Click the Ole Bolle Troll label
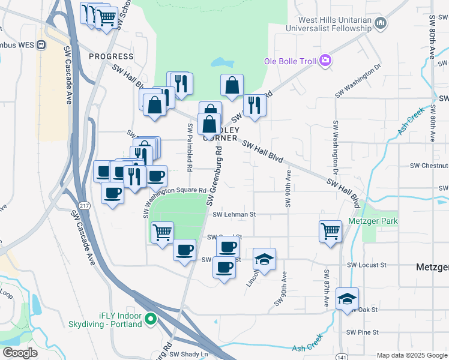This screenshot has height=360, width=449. (291, 61)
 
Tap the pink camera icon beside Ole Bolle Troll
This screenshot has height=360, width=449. (325, 60)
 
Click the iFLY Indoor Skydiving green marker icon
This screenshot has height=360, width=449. (151, 319)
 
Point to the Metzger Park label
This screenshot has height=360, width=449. (373, 221)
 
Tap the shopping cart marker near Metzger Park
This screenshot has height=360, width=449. (331, 231)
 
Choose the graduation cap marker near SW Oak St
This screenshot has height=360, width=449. (346, 299)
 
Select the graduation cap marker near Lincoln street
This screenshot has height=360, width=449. (264, 259)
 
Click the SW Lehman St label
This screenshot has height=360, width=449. (234, 214)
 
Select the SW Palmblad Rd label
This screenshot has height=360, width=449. (190, 137)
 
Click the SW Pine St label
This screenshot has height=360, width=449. (362, 332)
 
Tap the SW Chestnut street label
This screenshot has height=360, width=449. (429, 166)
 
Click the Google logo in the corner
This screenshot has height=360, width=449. (19, 353)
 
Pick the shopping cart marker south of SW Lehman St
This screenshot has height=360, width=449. (162, 232)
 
